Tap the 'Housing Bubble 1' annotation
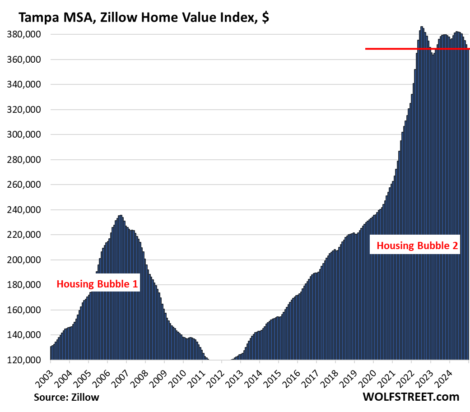[97, 284]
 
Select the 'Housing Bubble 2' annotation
[417, 246]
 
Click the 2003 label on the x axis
[44, 373]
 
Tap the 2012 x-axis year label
[216, 373]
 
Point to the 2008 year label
[140, 373]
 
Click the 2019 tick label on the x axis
[349, 373]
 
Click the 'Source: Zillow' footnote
[66, 398]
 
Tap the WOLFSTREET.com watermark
[410, 397]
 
